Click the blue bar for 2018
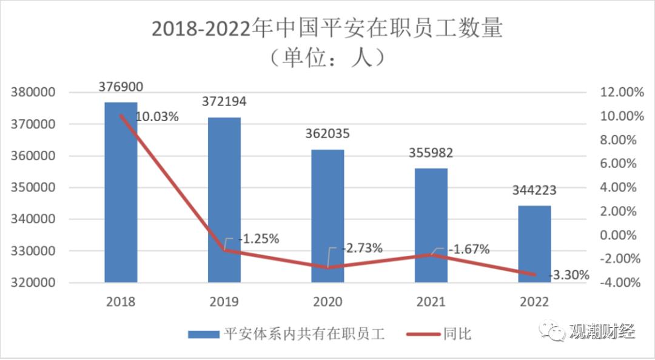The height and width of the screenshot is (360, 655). [121, 192]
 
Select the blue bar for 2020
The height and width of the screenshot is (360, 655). [327, 216]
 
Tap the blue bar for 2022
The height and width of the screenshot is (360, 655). [534, 244]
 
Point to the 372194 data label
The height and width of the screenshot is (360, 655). [224, 101]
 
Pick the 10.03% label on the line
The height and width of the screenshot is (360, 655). [157, 117]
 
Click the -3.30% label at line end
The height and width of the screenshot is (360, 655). [569, 275]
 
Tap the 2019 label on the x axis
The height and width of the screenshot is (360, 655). [224, 302]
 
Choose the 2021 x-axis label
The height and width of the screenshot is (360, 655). [431, 302]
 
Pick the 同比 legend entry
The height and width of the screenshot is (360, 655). [457, 333]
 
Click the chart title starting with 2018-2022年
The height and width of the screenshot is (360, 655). [327, 29]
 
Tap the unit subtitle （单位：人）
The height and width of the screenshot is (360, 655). [327, 59]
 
